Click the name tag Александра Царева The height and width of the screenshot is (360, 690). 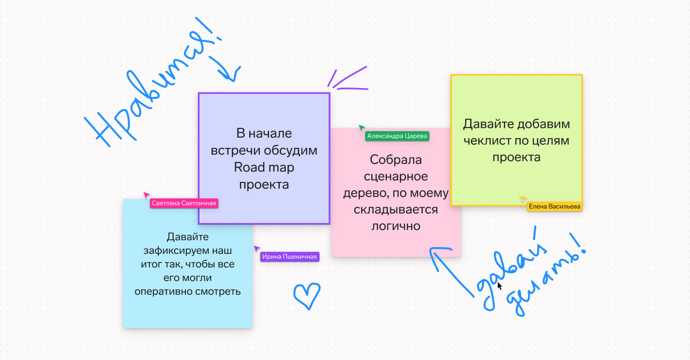click(x=397, y=136)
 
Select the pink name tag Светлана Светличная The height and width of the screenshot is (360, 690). click(x=184, y=203)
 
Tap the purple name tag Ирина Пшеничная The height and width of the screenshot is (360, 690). click(x=290, y=256)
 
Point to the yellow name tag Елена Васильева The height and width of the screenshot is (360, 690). click(x=554, y=207)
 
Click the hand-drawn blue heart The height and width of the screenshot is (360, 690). click(x=307, y=295)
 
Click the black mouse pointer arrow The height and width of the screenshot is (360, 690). click(x=499, y=286)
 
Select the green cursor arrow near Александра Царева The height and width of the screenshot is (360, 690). click(x=362, y=128)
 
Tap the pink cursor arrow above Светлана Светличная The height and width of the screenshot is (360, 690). click(x=146, y=195)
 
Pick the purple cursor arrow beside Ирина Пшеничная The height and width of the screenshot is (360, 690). click(x=256, y=249)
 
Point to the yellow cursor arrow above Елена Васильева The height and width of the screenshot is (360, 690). click(x=523, y=198)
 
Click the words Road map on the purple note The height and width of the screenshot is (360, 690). click(x=264, y=167)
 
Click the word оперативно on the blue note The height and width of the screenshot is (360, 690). click(x=161, y=291)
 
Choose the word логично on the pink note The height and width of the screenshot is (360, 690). click(x=396, y=226)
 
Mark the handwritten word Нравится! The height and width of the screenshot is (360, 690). click(x=151, y=88)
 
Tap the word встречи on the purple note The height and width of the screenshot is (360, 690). click(x=233, y=150)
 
